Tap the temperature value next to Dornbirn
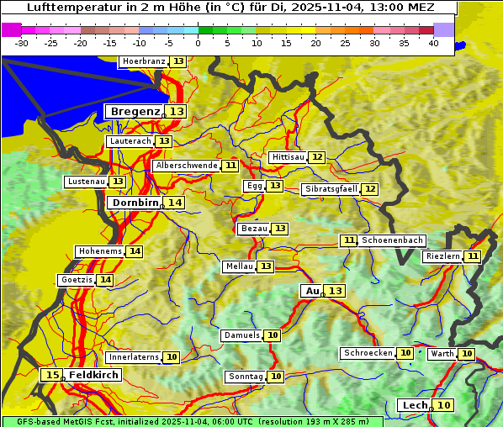coord(174,203)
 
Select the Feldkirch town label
coord(94,375)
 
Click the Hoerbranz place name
coord(143,62)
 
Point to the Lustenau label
coord(85,182)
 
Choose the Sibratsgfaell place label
coord(331,189)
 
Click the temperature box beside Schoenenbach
coord(348,240)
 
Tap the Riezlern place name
coord(442,256)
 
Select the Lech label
coord(415,405)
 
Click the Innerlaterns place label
coord(134,357)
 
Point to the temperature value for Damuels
coord(272,335)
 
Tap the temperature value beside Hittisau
coord(316,157)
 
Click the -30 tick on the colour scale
coord(22,43)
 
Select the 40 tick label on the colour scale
coord(432,43)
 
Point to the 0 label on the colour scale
coord(198,43)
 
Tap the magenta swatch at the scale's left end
coord(11,29)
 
